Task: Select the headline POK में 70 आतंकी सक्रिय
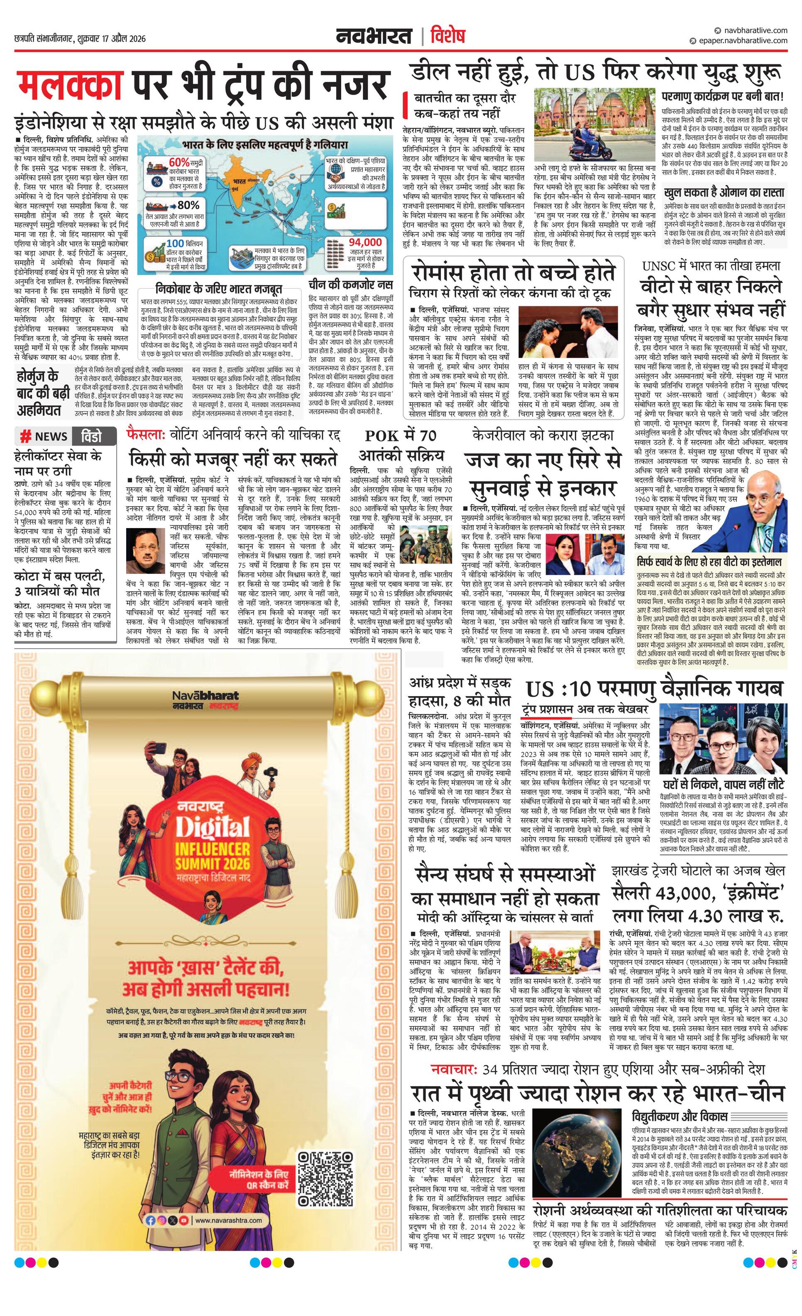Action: tap(401, 444)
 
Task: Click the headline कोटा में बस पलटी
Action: tap(60, 584)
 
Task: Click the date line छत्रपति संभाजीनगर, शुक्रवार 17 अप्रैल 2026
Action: tap(80, 39)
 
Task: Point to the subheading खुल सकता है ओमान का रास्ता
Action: tap(724, 192)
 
